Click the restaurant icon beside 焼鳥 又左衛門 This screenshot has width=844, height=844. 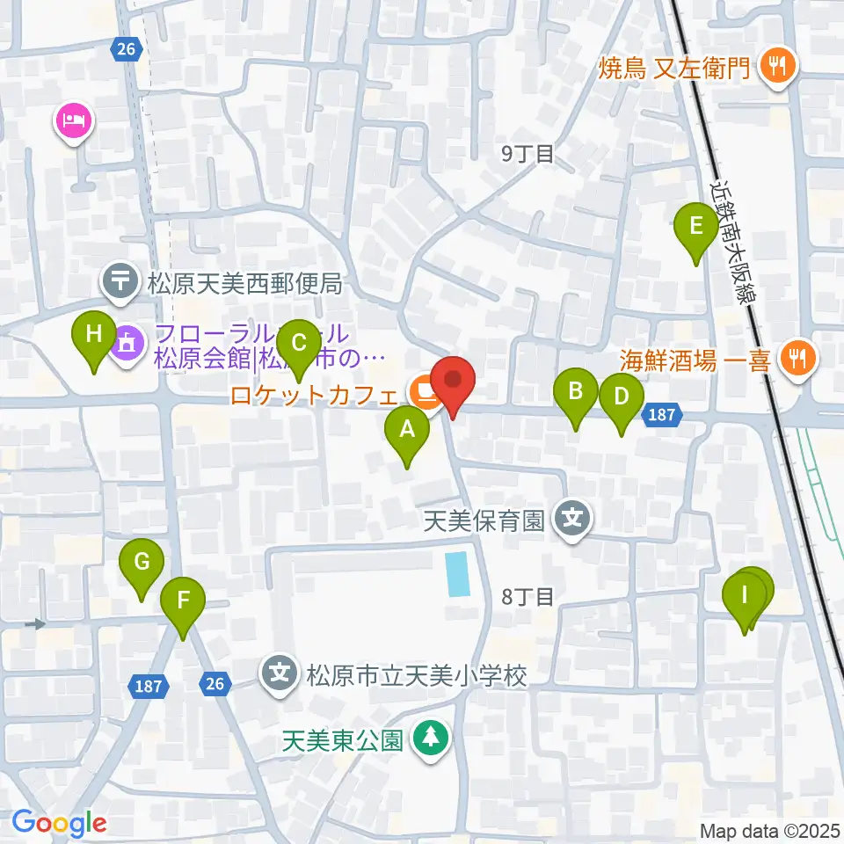pyautogui.click(x=777, y=65)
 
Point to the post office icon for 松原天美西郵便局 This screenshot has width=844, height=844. pyautogui.click(x=121, y=282)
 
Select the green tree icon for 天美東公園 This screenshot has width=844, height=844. pyautogui.click(x=431, y=739)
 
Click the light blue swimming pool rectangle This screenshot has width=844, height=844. pyautogui.click(x=457, y=574)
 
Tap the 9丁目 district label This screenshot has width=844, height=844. pyautogui.click(x=527, y=154)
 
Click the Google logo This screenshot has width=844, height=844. pyautogui.click(x=60, y=824)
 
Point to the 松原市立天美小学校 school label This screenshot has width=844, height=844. pyautogui.click(x=416, y=675)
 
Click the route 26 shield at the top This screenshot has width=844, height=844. pyautogui.click(x=127, y=49)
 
